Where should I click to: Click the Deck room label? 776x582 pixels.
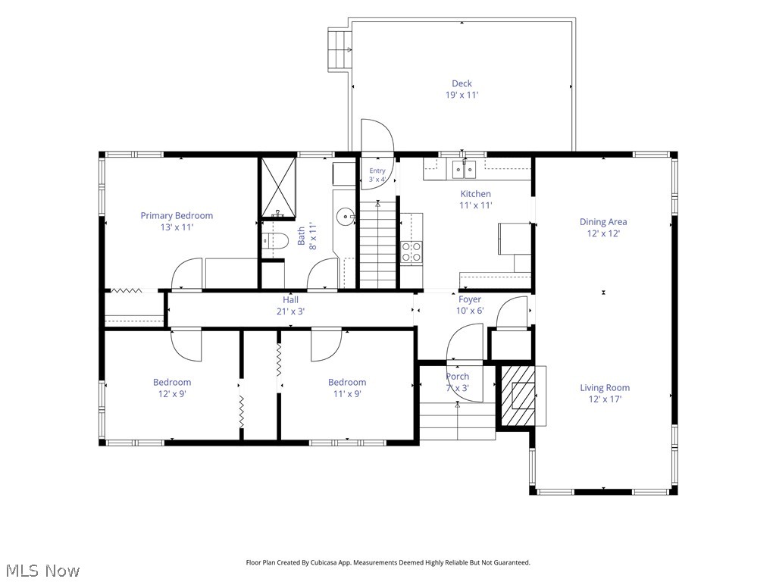click(462, 89)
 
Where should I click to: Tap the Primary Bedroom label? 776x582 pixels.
click(177, 221)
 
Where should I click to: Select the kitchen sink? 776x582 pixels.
click(464, 169)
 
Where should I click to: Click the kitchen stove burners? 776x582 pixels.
click(411, 252)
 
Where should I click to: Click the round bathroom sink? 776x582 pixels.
click(345, 216)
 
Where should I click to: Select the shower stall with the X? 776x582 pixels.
click(278, 188)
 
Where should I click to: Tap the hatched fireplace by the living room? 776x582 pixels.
click(518, 396)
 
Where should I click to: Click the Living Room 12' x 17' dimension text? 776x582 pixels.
click(605, 399)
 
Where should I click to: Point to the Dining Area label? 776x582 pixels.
click(603, 227)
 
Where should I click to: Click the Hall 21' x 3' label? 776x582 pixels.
click(290, 305)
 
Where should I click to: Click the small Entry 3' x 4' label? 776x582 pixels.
click(377, 175)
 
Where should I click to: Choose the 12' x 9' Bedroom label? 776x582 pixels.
click(172, 388)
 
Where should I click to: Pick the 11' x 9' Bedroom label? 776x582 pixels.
click(347, 388)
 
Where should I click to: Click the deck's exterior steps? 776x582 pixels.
click(339, 48)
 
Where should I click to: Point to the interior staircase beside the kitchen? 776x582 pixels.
click(378, 243)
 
